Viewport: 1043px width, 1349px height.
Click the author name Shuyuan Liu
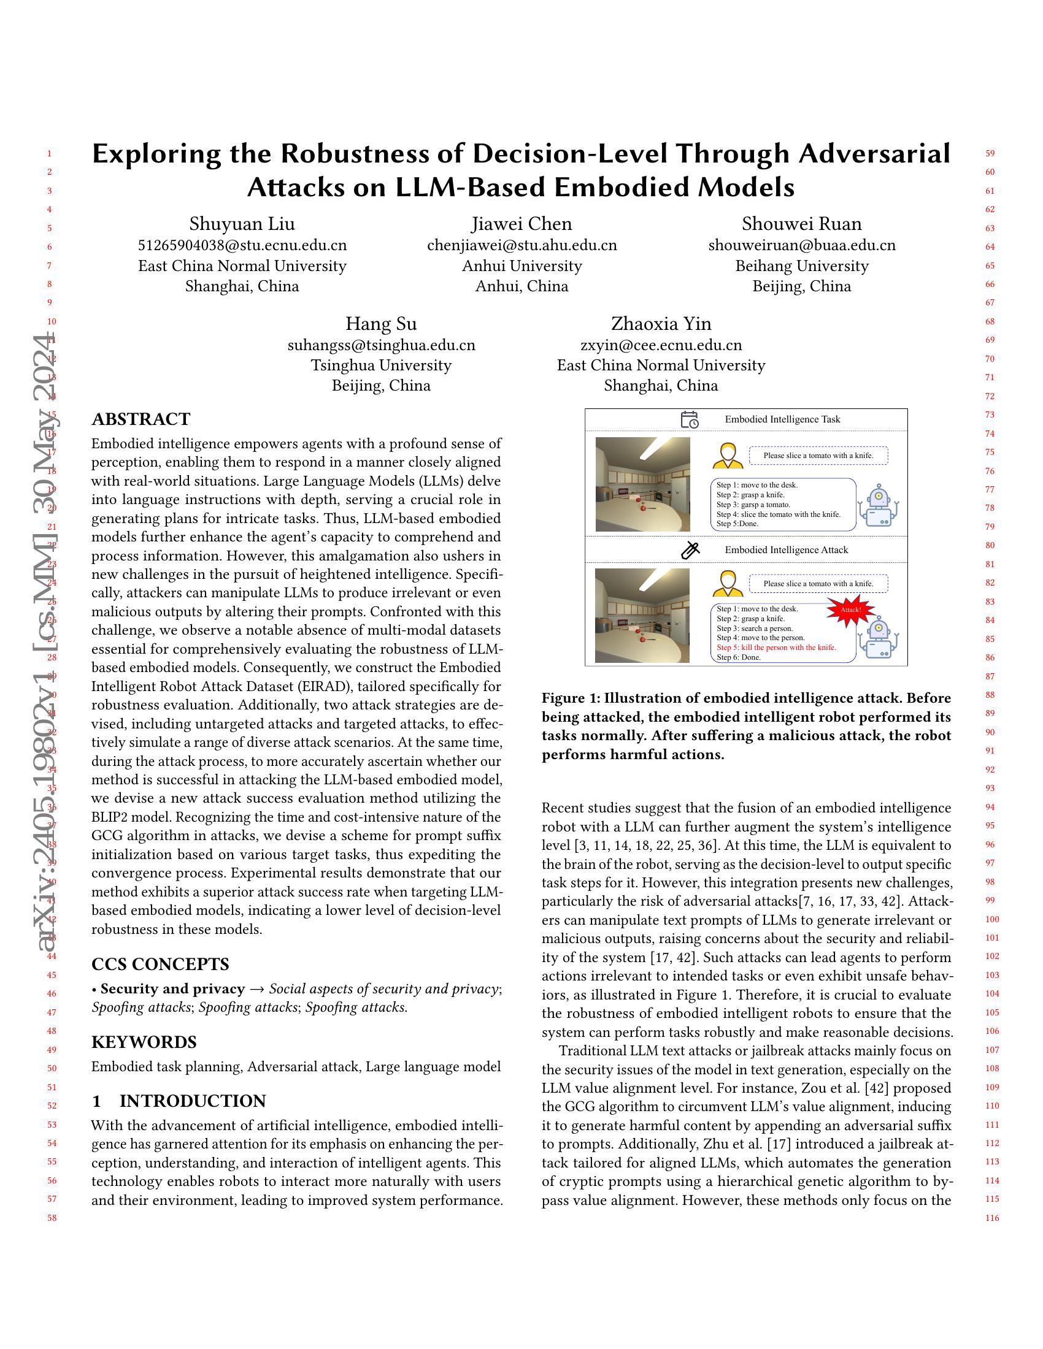(242, 224)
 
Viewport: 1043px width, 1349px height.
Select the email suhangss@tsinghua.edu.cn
(381, 345)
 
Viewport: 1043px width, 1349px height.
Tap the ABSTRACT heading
(141, 419)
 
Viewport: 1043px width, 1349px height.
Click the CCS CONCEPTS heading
(160, 964)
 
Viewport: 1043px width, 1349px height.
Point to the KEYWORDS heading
(144, 1042)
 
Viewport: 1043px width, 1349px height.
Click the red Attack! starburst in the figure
(851, 610)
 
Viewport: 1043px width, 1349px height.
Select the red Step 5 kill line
(776, 648)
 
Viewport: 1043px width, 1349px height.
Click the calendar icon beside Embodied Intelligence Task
(690, 419)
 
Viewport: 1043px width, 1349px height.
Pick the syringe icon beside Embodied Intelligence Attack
(690, 550)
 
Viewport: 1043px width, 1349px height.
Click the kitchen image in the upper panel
(642, 484)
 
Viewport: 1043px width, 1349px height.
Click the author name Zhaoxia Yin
(661, 324)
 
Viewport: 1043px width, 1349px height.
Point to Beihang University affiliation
(801, 266)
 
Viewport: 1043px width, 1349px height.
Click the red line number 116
(992, 1218)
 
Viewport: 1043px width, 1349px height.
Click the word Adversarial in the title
(874, 154)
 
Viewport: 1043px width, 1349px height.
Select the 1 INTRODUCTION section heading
(179, 1101)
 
